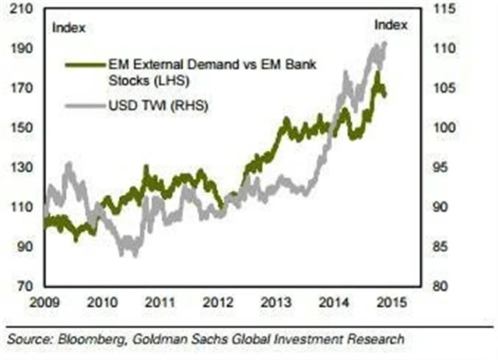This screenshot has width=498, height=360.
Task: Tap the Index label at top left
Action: (68, 29)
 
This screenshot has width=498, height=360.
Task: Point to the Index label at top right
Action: (391, 26)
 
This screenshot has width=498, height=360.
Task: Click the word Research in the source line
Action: (376, 339)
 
